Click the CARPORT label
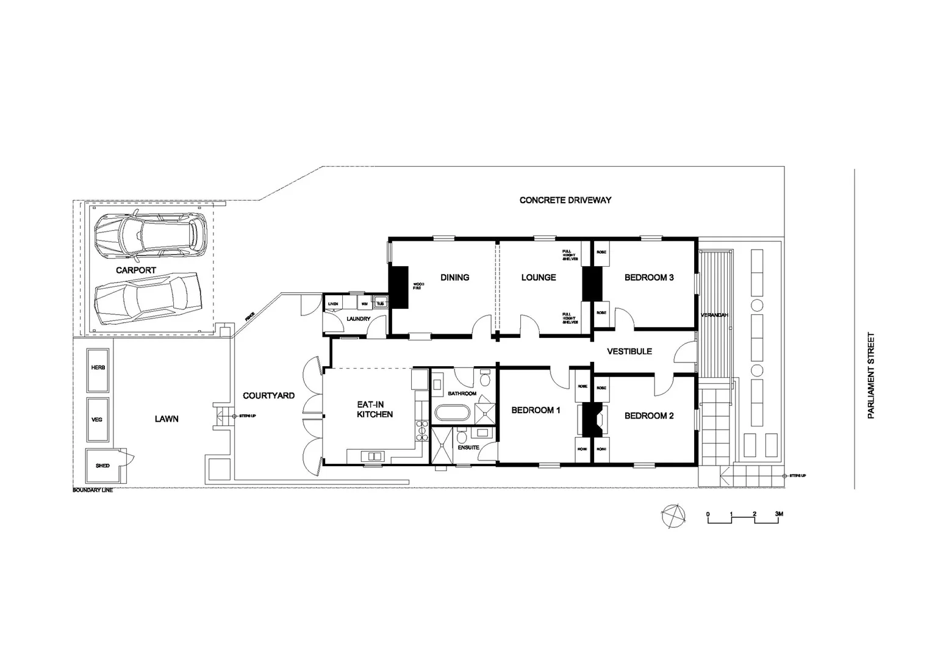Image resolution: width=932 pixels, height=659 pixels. pos(136,270)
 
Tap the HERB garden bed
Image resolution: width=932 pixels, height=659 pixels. pos(98,370)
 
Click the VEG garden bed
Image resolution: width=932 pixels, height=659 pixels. pos(98,420)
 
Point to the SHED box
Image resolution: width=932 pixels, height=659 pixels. pos(102,466)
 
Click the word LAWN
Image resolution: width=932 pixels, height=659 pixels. pos(167,419)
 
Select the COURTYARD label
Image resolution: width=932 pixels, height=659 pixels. pos(268,395)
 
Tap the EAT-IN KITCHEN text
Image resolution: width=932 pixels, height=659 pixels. pos(375,409)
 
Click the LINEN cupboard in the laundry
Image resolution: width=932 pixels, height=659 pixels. pos(333,303)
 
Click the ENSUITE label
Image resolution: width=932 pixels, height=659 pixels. pos(468,447)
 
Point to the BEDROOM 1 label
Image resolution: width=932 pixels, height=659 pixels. pos(536,410)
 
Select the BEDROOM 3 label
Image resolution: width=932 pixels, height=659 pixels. pos(649,277)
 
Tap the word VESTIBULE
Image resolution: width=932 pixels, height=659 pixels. pos(630,351)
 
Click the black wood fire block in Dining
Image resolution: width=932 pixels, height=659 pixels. pos(399,287)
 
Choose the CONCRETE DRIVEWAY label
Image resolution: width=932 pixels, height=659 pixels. pos(565,200)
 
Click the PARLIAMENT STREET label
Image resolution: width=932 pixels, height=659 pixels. pos(871,375)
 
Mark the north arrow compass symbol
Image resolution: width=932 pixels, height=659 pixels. pos(672,516)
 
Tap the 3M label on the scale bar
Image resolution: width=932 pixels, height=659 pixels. pos(778,514)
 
